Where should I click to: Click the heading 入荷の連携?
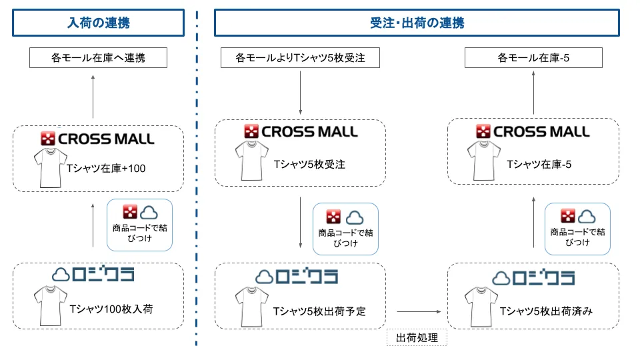(98, 23)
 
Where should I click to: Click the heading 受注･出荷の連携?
(417, 23)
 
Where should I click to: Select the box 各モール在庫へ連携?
(98, 59)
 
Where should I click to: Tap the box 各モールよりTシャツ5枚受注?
(300, 59)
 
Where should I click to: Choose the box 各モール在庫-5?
(533, 59)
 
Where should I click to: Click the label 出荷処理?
(417, 338)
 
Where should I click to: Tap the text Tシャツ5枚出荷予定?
(319, 311)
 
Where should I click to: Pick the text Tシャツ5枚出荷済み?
(546, 311)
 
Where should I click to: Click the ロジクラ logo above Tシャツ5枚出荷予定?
(297, 276)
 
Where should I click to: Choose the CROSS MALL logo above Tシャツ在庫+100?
(98, 139)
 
